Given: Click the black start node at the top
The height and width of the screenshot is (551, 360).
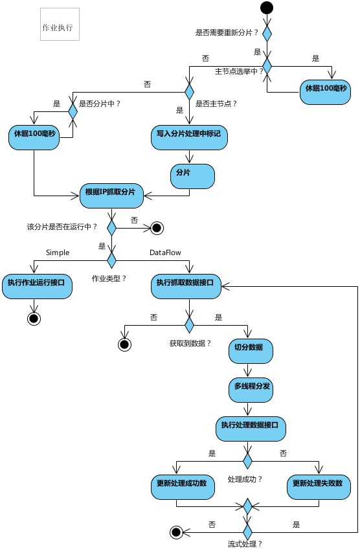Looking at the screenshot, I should pyautogui.click(x=266, y=8).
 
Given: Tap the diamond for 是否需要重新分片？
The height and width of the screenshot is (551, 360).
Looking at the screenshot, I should pyautogui.click(x=266, y=32).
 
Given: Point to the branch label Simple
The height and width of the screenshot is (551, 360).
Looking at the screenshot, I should pyautogui.click(x=58, y=253).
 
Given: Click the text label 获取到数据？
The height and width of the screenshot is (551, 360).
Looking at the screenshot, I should pyautogui.click(x=190, y=343).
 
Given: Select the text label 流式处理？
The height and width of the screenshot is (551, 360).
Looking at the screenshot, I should pyautogui.click(x=245, y=544).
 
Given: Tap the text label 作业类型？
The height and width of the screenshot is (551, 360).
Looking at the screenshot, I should pyautogui.click(x=109, y=278).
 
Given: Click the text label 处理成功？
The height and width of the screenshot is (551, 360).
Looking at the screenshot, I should pyautogui.click(x=244, y=479).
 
